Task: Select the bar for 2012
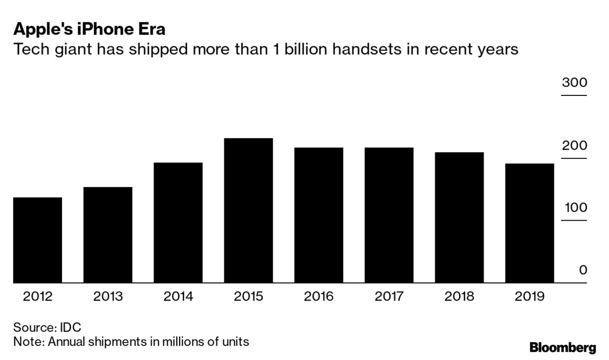click(37, 240)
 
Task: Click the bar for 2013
click(108, 235)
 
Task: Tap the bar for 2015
click(249, 210)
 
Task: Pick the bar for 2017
click(389, 215)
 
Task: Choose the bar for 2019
click(530, 223)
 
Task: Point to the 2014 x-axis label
click(178, 297)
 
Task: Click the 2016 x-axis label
click(318, 297)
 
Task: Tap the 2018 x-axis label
click(459, 297)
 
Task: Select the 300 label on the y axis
click(574, 83)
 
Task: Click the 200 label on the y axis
click(574, 146)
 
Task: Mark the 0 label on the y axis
click(583, 270)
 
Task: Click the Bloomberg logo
click(562, 348)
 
